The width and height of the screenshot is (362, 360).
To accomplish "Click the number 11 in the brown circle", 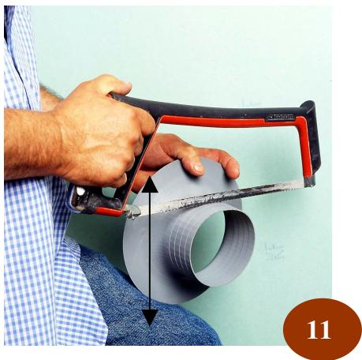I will [x=319, y=328].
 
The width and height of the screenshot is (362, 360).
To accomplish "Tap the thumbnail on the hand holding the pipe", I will [x=192, y=167].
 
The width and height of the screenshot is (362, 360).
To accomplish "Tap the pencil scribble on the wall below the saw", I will [x=274, y=251].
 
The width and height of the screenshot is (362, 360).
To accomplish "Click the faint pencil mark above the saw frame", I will [x=252, y=103].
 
